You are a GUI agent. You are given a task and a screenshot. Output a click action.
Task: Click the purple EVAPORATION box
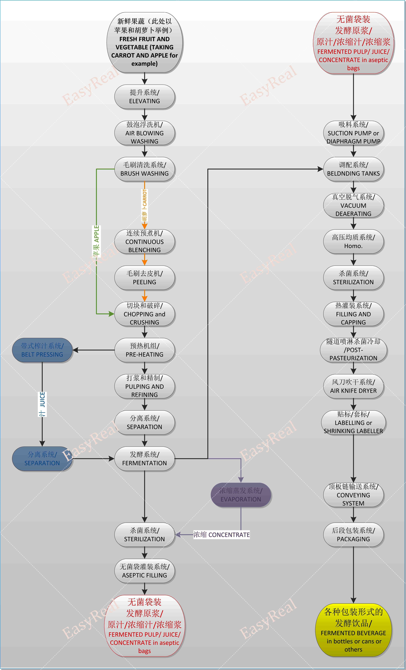pyautogui.click(x=241, y=495)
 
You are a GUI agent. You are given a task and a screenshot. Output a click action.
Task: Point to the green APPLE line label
pyautogui.click(x=96, y=241)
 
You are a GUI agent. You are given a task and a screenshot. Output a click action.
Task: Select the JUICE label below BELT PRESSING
pyautogui.click(x=42, y=404)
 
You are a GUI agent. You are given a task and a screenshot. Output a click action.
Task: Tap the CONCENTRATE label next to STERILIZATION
pyautogui.click(x=221, y=535)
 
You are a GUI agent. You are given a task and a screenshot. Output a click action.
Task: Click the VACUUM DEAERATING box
pyautogui.click(x=353, y=205)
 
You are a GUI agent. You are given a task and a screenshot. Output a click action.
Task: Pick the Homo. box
pyautogui.click(x=353, y=241)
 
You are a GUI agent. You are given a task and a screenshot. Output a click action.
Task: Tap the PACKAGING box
pyautogui.click(x=353, y=535)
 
